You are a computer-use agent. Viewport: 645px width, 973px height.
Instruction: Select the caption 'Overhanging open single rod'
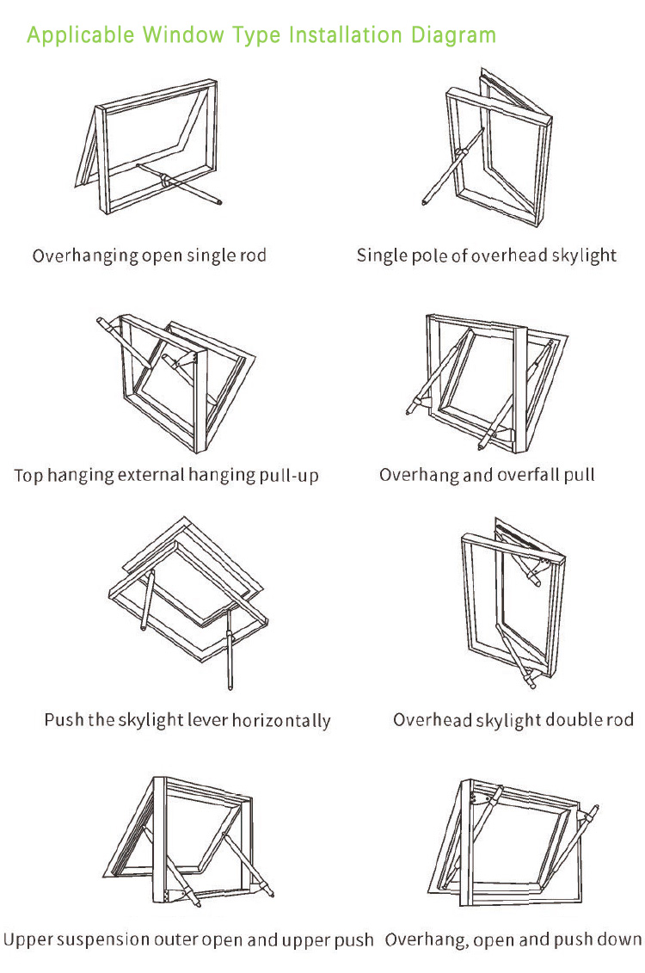tap(150, 256)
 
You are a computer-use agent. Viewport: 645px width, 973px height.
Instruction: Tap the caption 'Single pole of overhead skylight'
tap(487, 256)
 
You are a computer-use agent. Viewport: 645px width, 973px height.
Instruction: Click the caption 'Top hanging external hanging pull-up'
tap(167, 476)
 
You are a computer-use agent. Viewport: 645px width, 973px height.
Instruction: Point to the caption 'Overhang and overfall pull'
tap(487, 475)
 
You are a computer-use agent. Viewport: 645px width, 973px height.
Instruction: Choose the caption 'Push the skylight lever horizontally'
tap(187, 720)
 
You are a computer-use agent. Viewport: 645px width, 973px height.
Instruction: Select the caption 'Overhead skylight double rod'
tap(513, 719)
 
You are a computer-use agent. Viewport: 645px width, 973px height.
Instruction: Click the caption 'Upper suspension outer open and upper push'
tap(188, 939)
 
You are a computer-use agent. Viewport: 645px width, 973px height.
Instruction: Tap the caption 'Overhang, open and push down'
tap(513, 939)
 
